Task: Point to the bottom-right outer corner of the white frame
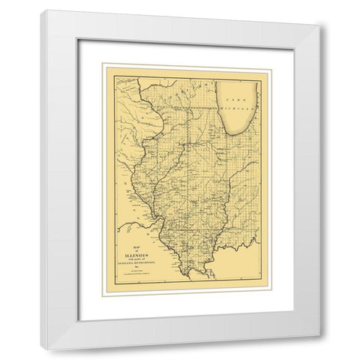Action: coord(321,349)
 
